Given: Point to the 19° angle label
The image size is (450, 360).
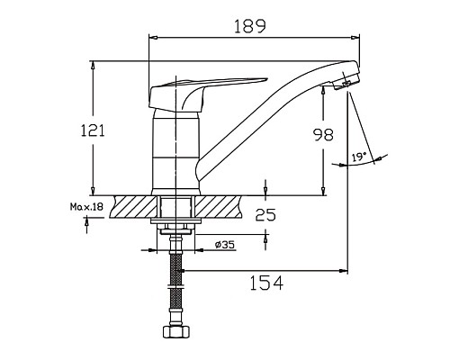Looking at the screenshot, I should point(358,157).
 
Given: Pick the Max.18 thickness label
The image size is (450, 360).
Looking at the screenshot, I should point(86,208).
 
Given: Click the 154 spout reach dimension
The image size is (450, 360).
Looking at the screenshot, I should point(265,283).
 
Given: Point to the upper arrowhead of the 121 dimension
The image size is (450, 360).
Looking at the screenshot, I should point(93,66).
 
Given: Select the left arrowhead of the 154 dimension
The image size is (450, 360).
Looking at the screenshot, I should point(181,270).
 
